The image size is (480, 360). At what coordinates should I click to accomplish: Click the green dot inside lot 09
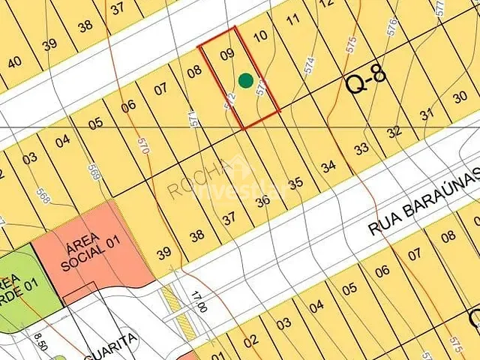pos(245,79)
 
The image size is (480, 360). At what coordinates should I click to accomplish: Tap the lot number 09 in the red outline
pos(227,54)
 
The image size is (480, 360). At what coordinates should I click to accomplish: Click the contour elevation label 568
pos(43,196)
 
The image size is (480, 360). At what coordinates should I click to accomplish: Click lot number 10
pos(260,36)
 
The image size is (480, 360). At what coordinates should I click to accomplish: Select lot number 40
pos(14,62)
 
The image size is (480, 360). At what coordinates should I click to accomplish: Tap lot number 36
pos(262,200)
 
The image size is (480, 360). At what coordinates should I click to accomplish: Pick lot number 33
pos(361,148)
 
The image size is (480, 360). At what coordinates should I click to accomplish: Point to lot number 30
pos(460,97)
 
